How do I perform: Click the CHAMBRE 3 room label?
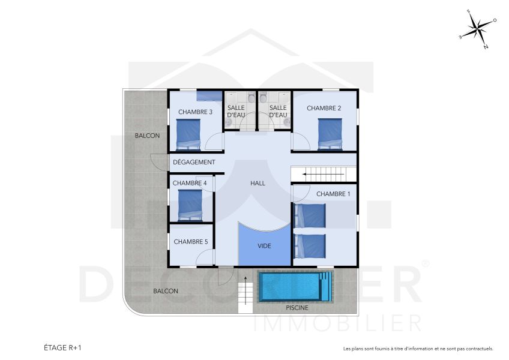click(x=196, y=112)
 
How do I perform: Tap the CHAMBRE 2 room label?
click(x=324, y=108)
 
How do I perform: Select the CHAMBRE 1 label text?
click(x=333, y=194)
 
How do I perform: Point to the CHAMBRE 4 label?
click(x=190, y=183)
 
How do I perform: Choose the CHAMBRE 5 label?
click(x=190, y=242)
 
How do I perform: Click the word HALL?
click(x=258, y=183)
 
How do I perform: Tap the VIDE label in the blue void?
click(x=264, y=246)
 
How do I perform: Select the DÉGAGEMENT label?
click(x=194, y=163)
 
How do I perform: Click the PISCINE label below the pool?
click(x=297, y=308)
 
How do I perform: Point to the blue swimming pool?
click(x=294, y=287)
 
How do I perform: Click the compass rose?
click(x=478, y=28)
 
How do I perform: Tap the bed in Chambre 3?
click(x=188, y=134)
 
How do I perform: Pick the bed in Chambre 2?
click(x=330, y=133)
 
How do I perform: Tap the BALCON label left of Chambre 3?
click(x=147, y=136)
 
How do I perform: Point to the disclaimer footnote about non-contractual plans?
click(x=418, y=349)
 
